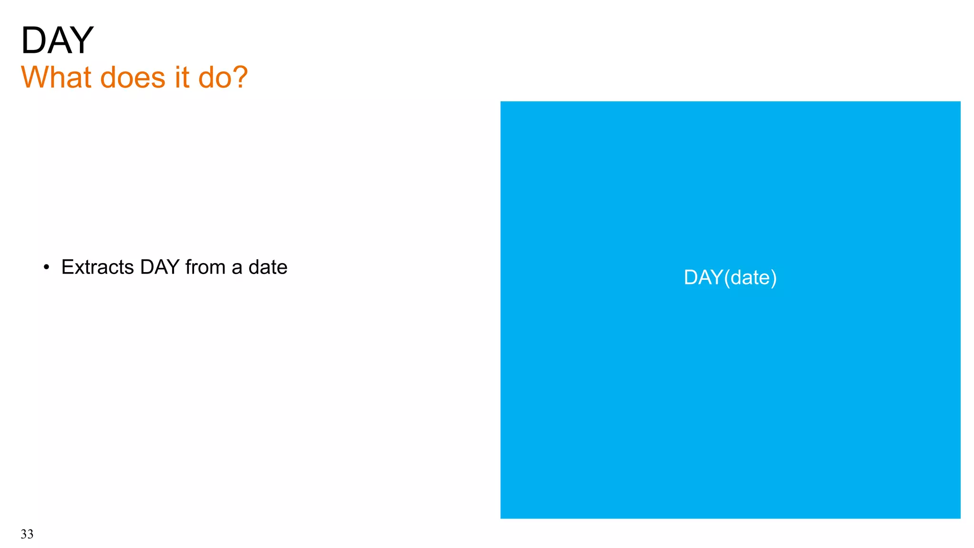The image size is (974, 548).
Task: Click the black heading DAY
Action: (x=57, y=40)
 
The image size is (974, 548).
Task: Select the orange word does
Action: (x=133, y=77)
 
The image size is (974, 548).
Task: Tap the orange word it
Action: (x=182, y=77)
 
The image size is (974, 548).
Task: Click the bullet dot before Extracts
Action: (x=46, y=268)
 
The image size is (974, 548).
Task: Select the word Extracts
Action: (x=97, y=267)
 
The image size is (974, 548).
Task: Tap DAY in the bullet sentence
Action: (x=160, y=267)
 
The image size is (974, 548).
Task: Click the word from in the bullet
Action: (x=205, y=267)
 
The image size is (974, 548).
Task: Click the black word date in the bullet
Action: (x=268, y=267)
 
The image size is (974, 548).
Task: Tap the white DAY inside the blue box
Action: (x=703, y=277)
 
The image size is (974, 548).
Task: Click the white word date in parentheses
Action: (x=750, y=277)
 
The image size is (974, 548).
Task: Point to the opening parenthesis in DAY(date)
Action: (x=726, y=278)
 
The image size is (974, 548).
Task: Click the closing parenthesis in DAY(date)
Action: (x=774, y=278)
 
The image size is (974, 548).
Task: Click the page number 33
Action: (x=27, y=534)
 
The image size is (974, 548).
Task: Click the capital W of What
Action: (x=34, y=77)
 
